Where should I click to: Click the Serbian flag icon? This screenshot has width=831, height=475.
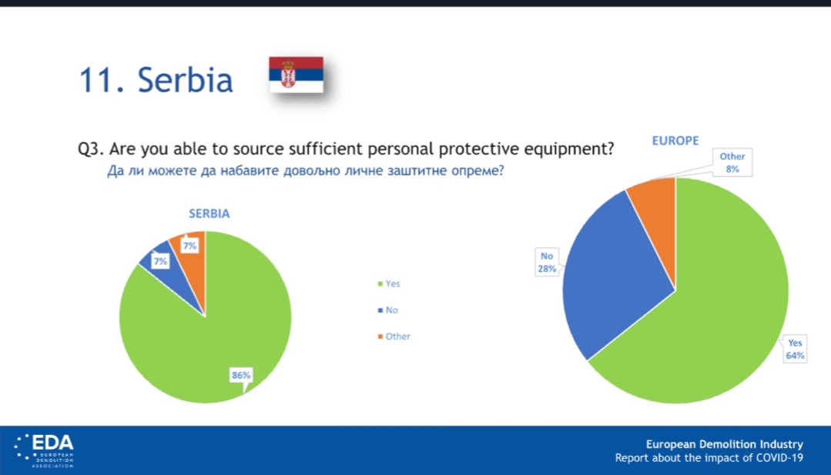tap(296, 75)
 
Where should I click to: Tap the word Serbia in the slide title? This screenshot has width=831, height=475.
tap(185, 80)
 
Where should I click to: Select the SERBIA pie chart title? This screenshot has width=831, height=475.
tap(209, 213)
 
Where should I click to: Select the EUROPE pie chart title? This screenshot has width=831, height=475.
tap(675, 141)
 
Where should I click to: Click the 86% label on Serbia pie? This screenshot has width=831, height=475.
tap(240, 375)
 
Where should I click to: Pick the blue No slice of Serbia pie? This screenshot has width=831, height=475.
tap(169, 273)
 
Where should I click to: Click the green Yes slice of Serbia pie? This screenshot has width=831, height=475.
tap(212, 344)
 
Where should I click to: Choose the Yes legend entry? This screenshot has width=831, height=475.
tap(389, 284)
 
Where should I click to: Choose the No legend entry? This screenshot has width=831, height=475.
tap(387, 310)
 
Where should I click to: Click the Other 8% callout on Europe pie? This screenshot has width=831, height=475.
tap(732, 162)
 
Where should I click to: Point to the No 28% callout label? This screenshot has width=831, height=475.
tap(547, 262)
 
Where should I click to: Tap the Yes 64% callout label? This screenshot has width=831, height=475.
tap(795, 349)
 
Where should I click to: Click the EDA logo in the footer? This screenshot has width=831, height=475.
tap(44, 450)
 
